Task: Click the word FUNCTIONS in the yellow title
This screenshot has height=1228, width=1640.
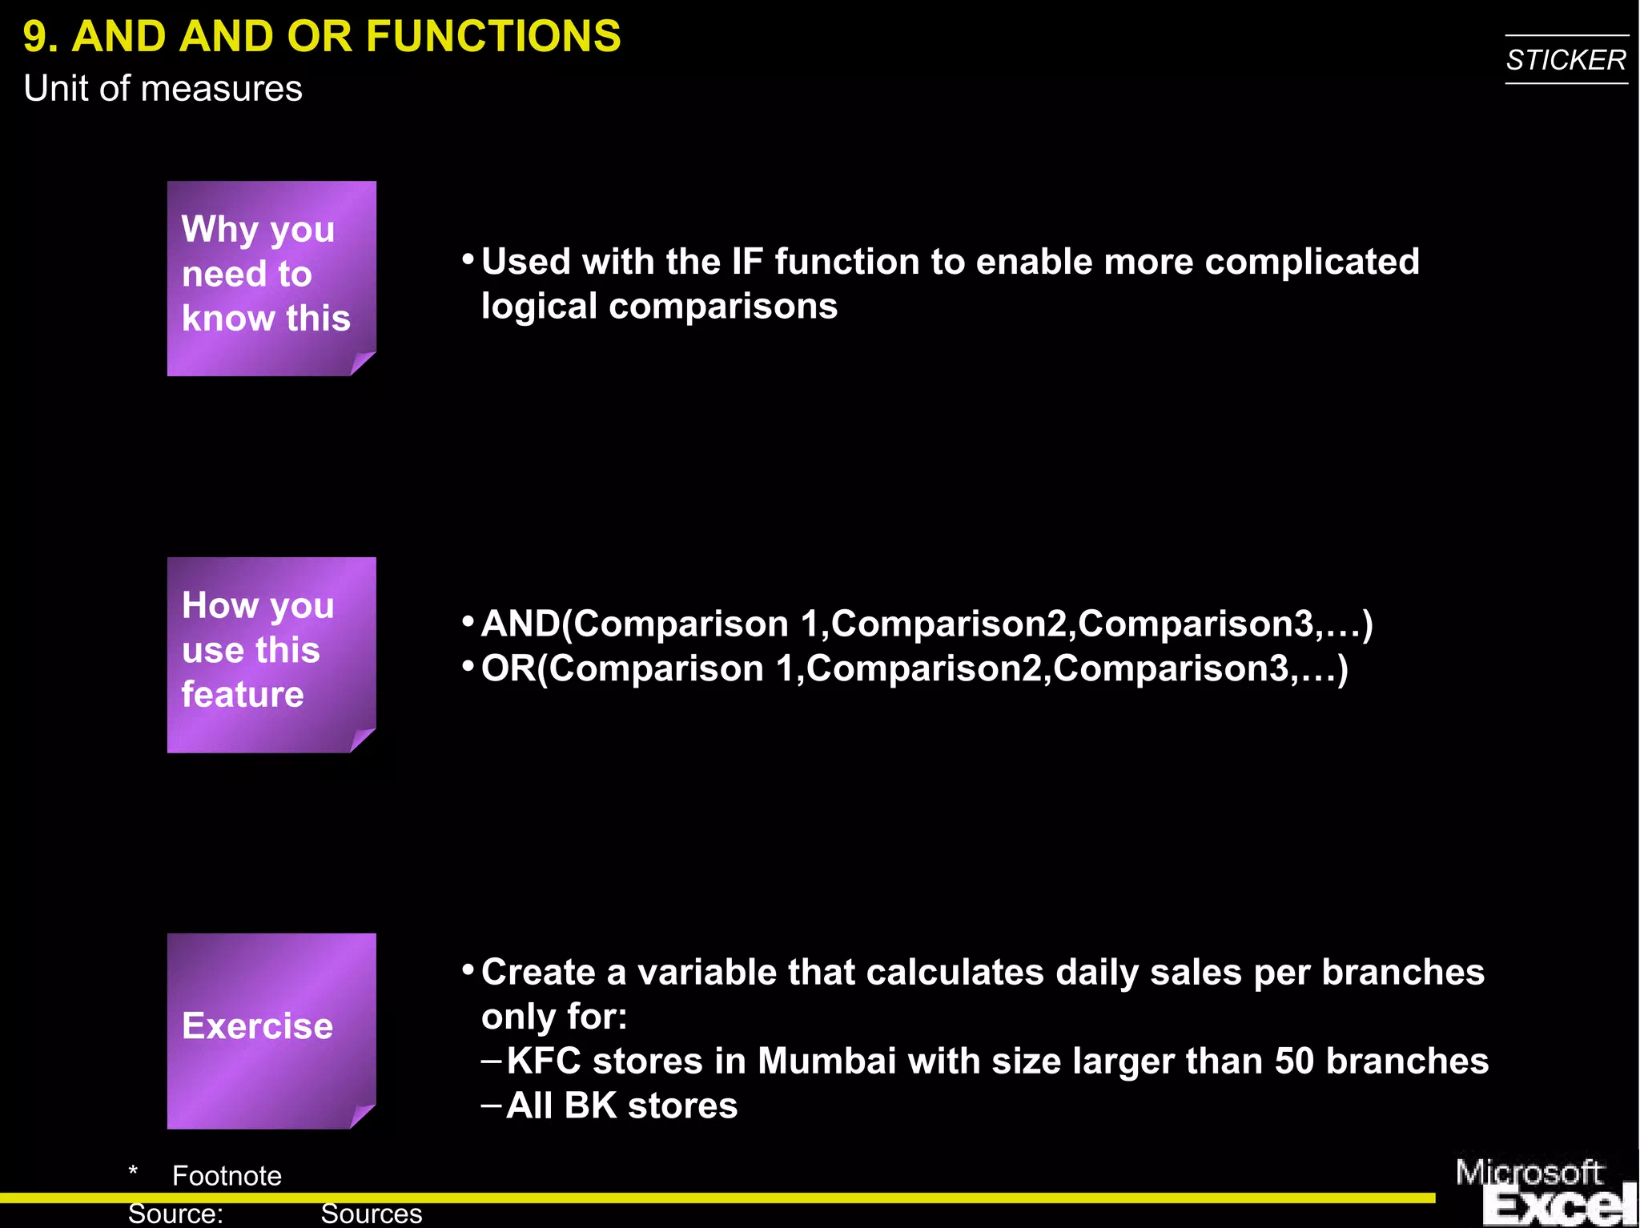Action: (x=492, y=37)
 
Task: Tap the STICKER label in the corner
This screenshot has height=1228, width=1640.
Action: (x=1566, y=60)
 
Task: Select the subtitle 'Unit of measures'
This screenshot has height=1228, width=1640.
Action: (x=163, y=88)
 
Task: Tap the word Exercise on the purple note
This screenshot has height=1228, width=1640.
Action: (x=257, y=1026)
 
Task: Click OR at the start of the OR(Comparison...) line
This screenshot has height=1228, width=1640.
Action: (x=508, y=669)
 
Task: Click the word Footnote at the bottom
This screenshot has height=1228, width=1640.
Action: (x=227, y=1176)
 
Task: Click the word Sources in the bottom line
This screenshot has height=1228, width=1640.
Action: (x=371, y=1214)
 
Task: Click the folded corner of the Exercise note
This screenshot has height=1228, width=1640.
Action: (x=362, y=1116)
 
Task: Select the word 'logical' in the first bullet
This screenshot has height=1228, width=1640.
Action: (x=538, y=307)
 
